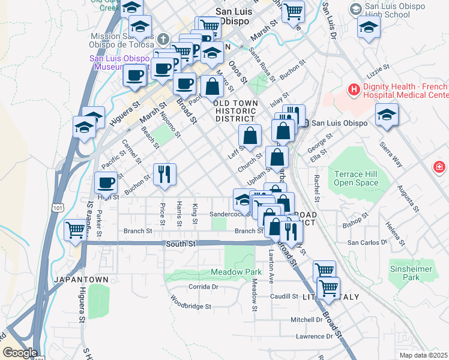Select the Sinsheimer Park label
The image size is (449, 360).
[411, 274]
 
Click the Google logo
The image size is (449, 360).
[19, 353]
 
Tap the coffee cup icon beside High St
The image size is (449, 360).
[106, 182]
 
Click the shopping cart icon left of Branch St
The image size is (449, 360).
[76, 230]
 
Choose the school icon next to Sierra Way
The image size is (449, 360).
[387, 115]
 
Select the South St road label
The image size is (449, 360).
[180, 243]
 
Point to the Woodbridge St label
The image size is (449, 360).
[191, 306]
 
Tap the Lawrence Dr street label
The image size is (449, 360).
[314, 337]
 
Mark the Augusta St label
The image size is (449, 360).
[408, 199]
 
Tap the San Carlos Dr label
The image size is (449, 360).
[367, 242]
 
